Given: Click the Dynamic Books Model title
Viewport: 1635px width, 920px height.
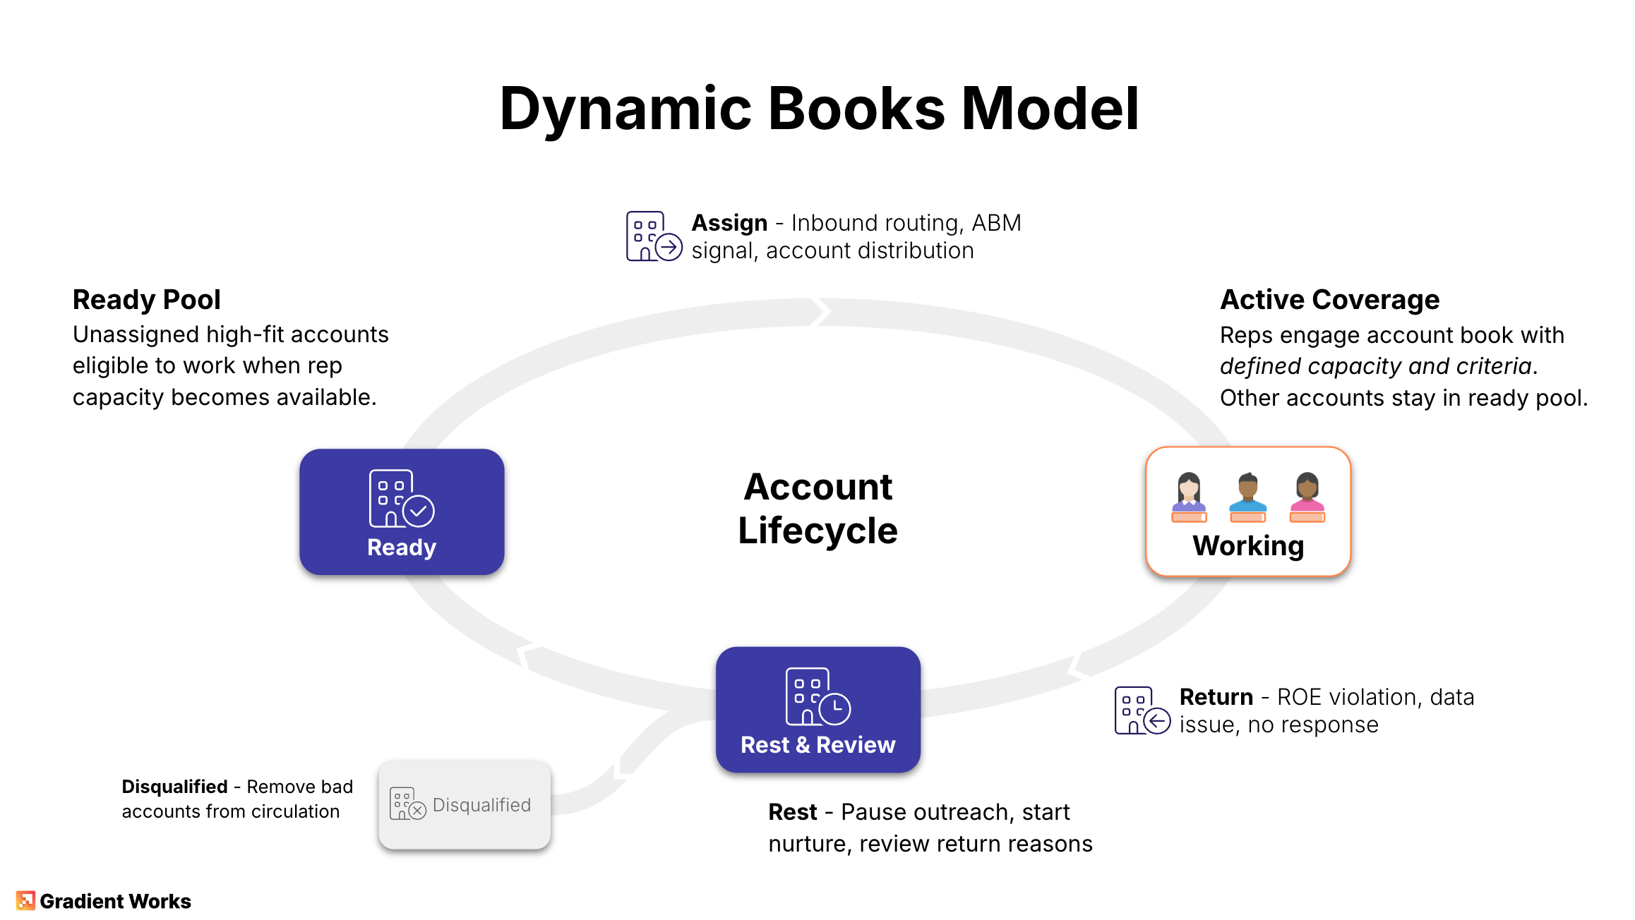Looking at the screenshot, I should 818,109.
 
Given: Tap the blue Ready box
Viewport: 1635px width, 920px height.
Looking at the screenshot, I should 402,512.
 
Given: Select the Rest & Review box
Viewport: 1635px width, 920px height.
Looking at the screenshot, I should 817,710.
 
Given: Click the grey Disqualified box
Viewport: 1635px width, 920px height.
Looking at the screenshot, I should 465,805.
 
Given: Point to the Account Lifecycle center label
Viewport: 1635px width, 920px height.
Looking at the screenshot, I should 817,509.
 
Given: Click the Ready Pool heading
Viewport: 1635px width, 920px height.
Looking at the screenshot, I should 147,300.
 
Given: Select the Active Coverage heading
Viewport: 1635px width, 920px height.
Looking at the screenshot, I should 1329,300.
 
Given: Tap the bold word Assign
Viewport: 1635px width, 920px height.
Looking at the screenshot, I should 729,223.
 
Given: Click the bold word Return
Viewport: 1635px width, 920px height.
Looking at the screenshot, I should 1216,697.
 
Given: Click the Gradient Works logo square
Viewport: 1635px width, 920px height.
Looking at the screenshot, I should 25,901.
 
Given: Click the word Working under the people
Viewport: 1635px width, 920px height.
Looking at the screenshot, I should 1248,546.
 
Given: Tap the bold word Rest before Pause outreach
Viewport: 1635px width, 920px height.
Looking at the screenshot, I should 792,812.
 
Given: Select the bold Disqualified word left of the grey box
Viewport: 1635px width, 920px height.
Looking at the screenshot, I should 174,787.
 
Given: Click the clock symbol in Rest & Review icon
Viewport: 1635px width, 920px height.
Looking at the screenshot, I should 836,708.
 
